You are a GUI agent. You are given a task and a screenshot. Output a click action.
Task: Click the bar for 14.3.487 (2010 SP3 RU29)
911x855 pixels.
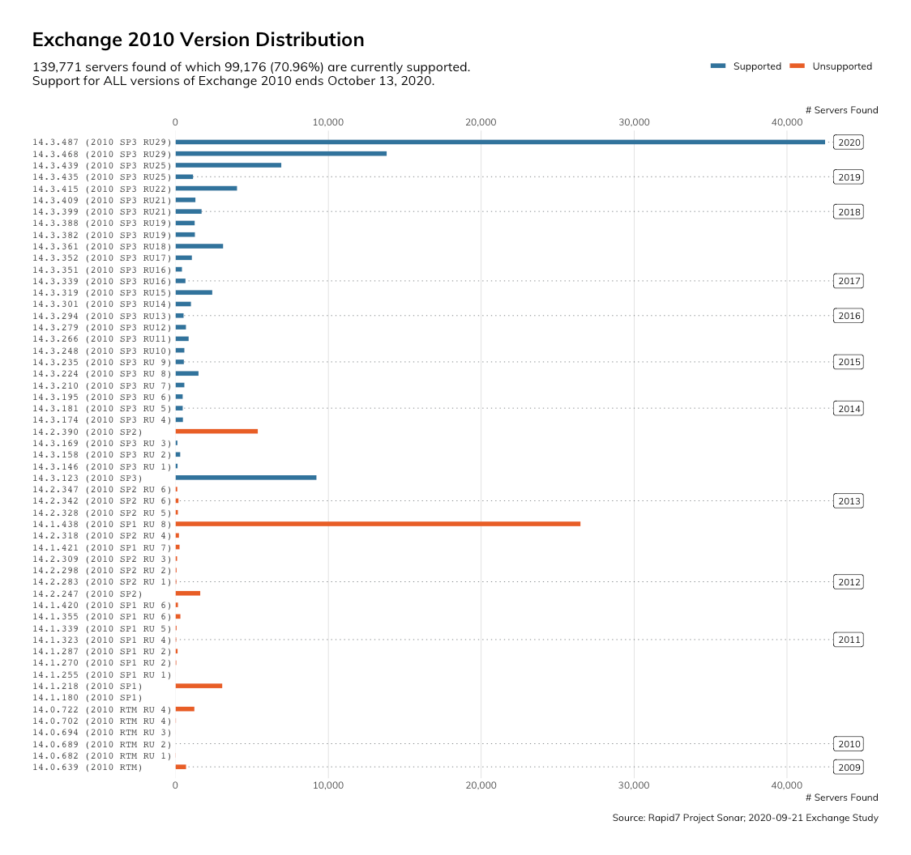coord(500,142)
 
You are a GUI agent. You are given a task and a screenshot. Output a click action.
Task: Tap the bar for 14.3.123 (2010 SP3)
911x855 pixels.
coord(246,478)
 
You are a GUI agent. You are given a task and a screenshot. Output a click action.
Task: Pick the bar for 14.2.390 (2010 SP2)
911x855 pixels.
coord(216,432)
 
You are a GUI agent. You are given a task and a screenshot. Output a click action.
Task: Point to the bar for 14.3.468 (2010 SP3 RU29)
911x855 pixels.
coord(280,154)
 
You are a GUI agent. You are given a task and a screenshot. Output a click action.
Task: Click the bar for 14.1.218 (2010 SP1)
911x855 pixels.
coord(199,686)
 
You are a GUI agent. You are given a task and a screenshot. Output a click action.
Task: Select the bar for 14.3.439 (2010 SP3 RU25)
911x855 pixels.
coord(228,165)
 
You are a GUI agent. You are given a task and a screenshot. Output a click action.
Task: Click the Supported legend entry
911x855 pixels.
coord(746,66)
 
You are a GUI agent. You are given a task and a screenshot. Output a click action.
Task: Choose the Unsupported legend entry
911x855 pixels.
coord(832,66)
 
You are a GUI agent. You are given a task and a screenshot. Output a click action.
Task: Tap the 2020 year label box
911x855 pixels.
coord(849,142)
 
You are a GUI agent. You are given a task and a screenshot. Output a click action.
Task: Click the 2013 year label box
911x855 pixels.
coord(849,501)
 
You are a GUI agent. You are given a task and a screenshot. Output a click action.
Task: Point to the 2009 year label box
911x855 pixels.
coord(849,767)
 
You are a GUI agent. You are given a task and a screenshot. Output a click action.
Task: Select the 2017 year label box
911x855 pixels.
coord(849,281)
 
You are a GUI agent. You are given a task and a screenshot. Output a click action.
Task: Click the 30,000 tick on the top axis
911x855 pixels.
coord(634,122)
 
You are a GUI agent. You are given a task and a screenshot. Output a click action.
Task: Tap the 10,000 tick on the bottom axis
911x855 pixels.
coord(328,785)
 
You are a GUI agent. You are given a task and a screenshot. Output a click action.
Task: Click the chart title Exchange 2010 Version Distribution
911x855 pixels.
coord(198,40)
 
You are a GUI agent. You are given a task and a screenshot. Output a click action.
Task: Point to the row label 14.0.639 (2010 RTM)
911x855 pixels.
coord(88,767)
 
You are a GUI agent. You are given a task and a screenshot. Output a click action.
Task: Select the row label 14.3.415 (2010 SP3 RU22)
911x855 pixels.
coord(102,189)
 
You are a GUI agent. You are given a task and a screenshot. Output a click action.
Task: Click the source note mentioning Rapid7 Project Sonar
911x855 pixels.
coord(745,818)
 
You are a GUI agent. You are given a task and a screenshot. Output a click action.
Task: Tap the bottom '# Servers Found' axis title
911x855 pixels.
coord(841,798)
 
